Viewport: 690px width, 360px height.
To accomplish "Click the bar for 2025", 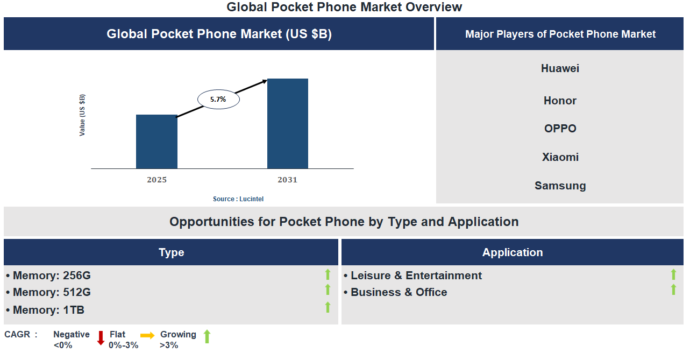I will click(157, 142).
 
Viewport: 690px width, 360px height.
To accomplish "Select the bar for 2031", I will click(288, 124).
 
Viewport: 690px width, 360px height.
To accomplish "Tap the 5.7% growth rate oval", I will click(218, 100).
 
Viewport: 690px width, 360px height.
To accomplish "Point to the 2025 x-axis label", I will click(157, 180).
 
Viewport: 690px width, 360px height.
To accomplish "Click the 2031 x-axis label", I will click(287, 180).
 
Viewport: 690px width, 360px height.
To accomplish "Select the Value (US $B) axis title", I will click(82, 115).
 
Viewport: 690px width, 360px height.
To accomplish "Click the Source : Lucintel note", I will click(238, 199).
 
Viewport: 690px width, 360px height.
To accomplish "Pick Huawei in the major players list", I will click(560, 68).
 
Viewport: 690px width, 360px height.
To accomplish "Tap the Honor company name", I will click(560, 101).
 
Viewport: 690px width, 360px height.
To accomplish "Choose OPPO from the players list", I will click(560, 129).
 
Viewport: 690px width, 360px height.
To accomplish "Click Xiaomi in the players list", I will click(560, 157).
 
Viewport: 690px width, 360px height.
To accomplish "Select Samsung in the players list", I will click(560, 186).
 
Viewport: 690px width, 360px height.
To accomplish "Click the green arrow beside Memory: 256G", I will click(328, 274).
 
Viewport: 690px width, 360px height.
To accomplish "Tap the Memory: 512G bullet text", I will click(52, 292).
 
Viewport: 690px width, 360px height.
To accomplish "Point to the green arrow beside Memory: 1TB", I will click(328, 307).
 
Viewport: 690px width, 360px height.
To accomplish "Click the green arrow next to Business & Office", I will click(673, 290).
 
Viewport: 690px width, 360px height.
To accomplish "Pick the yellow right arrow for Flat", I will click(147, 335).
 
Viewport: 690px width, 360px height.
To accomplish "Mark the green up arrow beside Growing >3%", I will click(207, 337).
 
